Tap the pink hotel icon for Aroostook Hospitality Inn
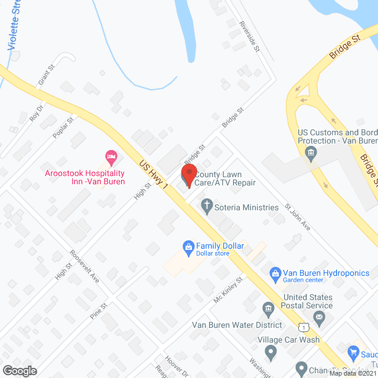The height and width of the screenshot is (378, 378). [110, 157]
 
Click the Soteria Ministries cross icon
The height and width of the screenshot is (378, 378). [206, 207]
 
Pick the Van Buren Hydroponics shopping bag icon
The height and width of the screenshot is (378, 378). [275, 273]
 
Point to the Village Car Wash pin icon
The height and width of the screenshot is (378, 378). [271, 353]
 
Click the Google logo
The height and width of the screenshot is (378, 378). [19, 371]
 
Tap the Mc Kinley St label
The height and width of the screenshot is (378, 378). [229, 289]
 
